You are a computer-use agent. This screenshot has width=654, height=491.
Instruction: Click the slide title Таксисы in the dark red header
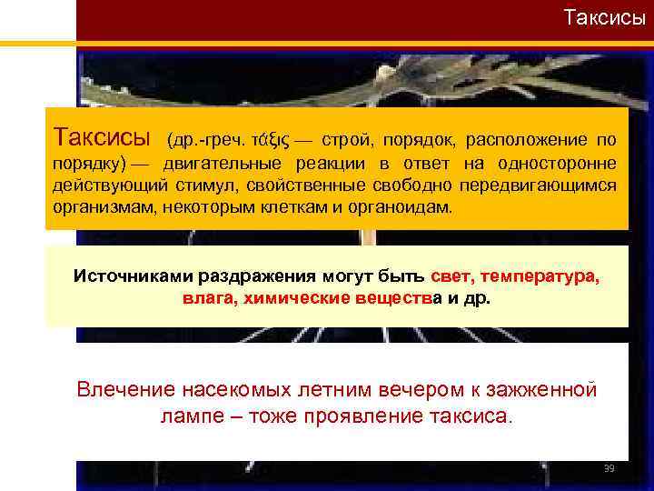coord(604,17)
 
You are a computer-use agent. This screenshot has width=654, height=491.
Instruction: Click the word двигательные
coord(221,164)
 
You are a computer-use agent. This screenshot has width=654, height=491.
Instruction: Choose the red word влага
coord(207,298)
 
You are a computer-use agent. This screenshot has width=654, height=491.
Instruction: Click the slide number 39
coord(609,468)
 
